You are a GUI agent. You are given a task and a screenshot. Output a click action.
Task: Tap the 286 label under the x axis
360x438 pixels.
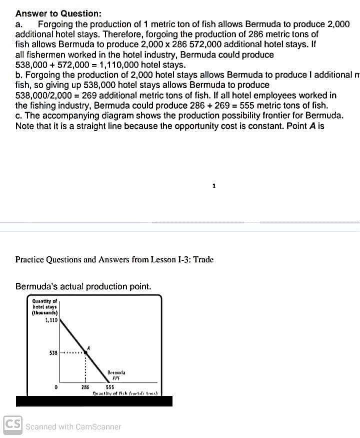pos(85,387)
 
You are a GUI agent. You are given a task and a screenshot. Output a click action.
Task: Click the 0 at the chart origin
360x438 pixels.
pos(56,387)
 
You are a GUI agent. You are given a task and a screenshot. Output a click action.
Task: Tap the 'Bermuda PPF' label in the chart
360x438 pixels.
pos(115,375)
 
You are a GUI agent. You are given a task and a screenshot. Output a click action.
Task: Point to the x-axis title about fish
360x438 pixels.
pos(125,393)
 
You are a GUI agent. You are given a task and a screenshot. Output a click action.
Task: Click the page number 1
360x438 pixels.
pos(213,186)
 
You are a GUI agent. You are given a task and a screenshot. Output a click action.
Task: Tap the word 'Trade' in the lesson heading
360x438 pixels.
pos(203,259)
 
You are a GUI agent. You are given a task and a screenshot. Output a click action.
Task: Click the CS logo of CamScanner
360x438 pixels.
pos(12,426)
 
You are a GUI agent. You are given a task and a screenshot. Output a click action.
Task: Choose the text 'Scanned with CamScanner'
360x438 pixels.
pos(73,427)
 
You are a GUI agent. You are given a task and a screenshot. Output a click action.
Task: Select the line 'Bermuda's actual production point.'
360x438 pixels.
pos(83,286)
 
